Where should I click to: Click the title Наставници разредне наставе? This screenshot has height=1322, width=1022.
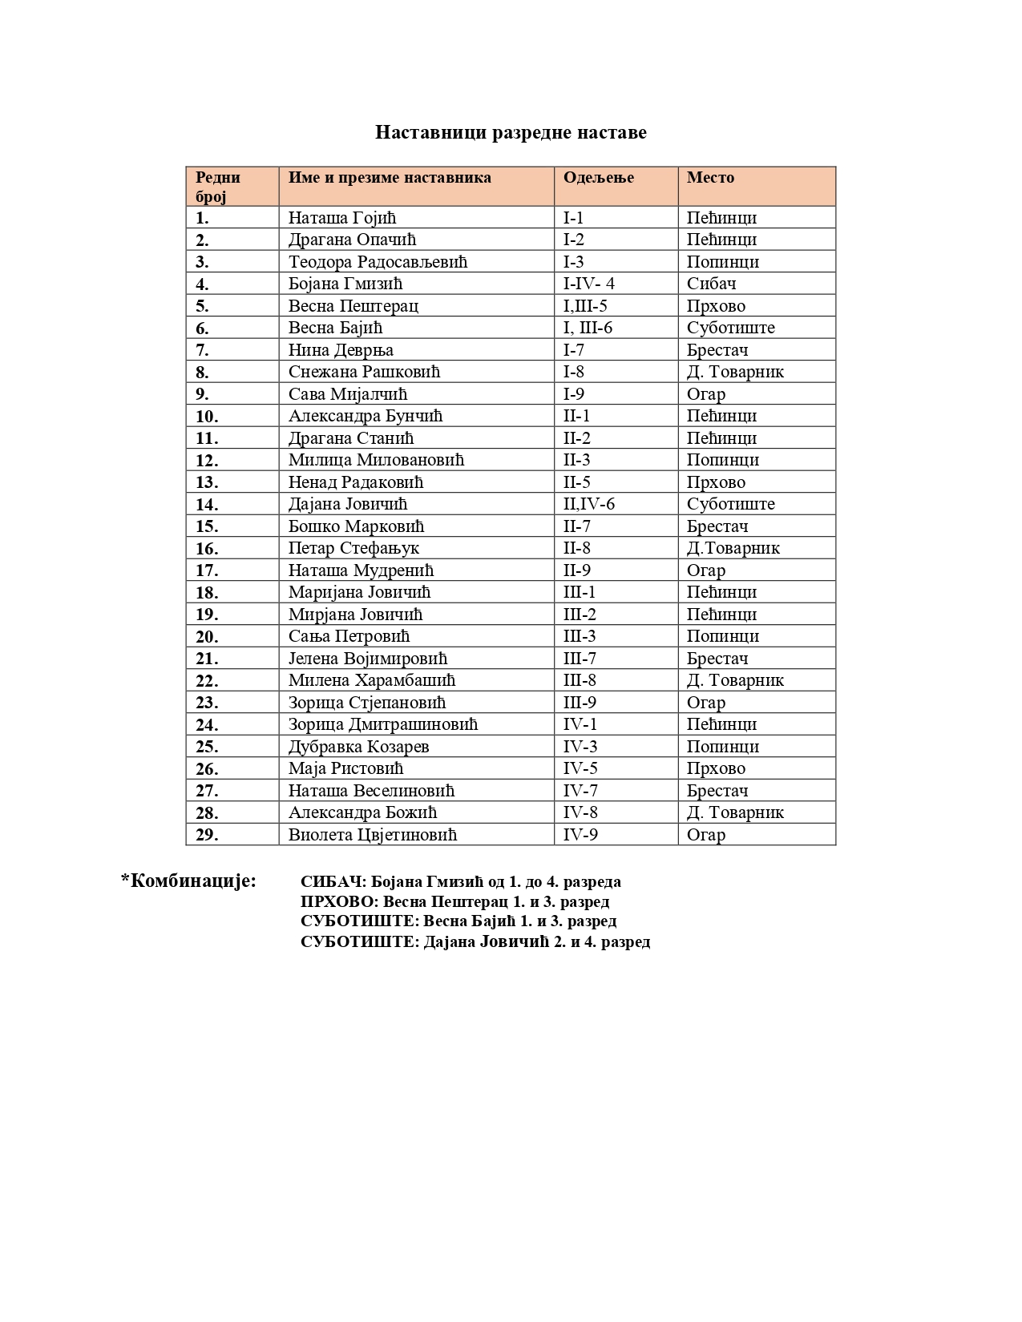tap(511, 132)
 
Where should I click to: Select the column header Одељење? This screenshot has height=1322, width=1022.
tap(598, 178)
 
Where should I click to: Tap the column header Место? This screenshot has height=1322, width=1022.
tap(710, 178)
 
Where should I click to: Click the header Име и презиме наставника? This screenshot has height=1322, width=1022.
tap(390, 178)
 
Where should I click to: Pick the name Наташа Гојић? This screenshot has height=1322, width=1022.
tap(342, 218)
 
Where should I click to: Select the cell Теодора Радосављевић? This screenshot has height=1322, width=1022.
tap(378, 262)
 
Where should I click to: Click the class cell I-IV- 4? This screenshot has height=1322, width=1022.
tap(588, 284)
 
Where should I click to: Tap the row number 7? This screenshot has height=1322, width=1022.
tap(202, 350)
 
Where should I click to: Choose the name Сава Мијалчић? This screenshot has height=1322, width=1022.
tap(348, 394)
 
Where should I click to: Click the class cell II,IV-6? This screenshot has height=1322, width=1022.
tap(588, 504)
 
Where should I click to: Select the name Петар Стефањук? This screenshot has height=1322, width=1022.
tap(353, 548)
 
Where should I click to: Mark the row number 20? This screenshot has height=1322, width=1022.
tap(207, 637)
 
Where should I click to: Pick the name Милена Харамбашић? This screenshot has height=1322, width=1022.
tap(372, 680)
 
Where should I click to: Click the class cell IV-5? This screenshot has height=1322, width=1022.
tap(580, 768)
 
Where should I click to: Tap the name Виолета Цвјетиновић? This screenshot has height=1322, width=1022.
tap(373, 835)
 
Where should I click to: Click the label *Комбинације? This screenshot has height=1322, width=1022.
tap(188, 881)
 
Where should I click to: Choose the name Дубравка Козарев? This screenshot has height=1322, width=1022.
tap(358, 747)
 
